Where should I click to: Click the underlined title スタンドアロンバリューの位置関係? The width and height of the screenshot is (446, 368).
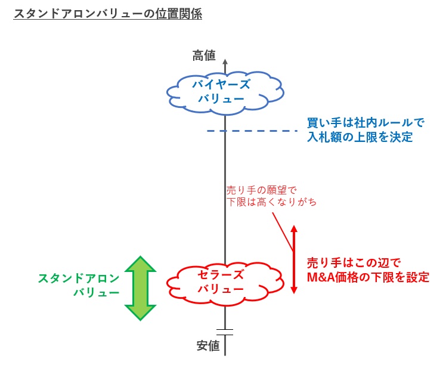click(107, 14)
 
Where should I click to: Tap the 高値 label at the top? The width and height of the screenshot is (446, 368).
click(204, 55)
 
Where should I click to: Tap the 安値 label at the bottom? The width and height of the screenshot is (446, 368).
click(208, 345)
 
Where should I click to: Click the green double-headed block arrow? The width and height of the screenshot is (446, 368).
click(140, 288)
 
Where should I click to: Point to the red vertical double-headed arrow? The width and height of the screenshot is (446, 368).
click(293, 259)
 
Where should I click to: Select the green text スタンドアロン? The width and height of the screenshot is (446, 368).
click(78, 278)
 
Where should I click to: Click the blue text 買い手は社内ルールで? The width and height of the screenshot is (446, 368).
click(365, 123)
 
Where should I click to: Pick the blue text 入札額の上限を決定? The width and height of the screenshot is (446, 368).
click(359, 137)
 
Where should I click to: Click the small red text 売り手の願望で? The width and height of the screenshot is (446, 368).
click(261, 190)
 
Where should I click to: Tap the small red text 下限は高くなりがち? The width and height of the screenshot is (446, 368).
click(271, 202)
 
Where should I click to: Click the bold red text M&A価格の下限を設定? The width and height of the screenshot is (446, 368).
click(367, 277)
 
